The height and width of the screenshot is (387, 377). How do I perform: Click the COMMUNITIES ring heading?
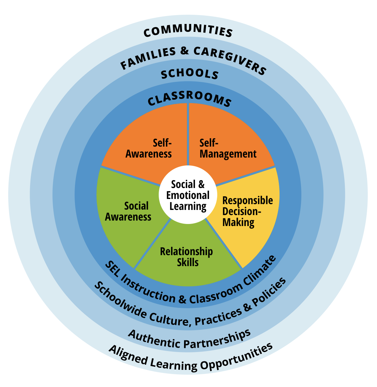tap(188, 30)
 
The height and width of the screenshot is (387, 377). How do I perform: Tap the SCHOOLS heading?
tap(190, 74)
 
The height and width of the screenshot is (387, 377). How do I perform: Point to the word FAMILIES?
tap(148, 58)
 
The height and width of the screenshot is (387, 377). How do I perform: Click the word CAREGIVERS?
tap(230, 60)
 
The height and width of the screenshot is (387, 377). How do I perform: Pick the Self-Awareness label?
tap(149, 148)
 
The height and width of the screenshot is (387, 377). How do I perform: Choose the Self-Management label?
tap(228, 149)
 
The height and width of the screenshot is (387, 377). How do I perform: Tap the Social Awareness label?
tap(128, 211)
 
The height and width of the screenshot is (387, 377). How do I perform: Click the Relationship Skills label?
tap(187, 257)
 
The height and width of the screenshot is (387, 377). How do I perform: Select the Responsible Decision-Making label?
tap(248, 212)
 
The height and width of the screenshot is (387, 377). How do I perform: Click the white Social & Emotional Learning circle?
tap(188, 195)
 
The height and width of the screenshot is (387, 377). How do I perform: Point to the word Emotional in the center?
tap(188, 195)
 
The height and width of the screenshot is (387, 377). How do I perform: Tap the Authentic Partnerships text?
tap(190, 339)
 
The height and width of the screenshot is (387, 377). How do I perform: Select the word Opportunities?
tap(237, 358)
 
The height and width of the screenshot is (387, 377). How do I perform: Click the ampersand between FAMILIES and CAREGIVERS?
tap(184, 51)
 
